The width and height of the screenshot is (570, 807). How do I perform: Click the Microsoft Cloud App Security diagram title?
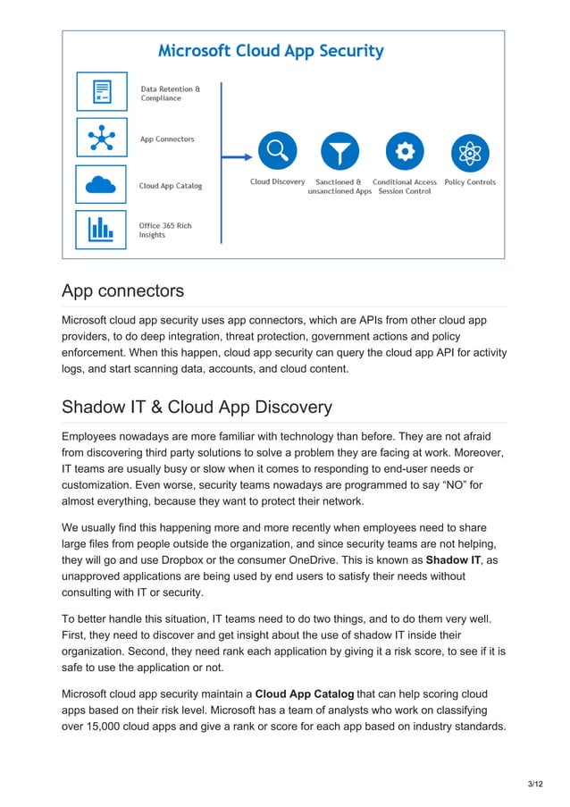[x=271, y=51]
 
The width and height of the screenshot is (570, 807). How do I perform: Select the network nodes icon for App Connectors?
[x=102, y=139]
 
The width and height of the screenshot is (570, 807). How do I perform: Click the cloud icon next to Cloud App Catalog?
[x=102, y=185]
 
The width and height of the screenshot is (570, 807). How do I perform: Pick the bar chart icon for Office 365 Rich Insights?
[x=102, y=229]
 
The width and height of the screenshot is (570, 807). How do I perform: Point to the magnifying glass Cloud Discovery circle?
[x=277, y=151]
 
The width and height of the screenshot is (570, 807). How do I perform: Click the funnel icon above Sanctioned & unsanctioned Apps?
[x=339, y=151]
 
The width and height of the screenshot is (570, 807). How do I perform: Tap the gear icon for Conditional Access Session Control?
[x=405, y=151]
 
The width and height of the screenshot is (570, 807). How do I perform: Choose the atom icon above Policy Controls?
[x=469, y=151]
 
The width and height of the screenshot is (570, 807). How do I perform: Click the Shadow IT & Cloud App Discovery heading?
[x=197, y=408]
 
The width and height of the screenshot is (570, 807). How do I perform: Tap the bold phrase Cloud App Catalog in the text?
[x=305, y=694]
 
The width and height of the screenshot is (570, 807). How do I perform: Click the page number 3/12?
[x=534, y=784]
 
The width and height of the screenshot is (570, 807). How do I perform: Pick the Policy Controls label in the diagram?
[x=469, y=182]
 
